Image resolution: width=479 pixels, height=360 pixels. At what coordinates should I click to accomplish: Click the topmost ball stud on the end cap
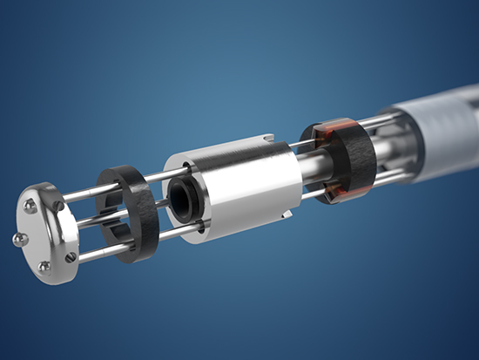pyautogui.click(x=31, y=206)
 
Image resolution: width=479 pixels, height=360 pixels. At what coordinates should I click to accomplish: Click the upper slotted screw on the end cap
pyautogui.click(x=59, y=207)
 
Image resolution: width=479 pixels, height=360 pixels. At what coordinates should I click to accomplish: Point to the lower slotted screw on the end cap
pyautogui.click(x=71, y=256)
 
